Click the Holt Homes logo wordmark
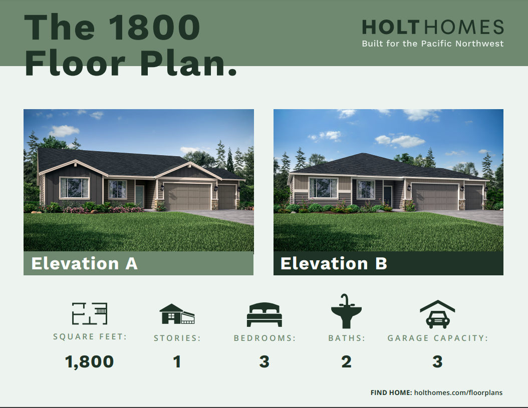click(433, 27)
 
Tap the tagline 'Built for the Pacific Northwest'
click(433, 44)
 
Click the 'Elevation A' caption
click(85, 263)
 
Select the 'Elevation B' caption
click(334, 263)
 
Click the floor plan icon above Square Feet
click(90, 313)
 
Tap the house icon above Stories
click(177, 314)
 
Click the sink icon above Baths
click(346, 311)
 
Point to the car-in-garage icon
click(437, 314)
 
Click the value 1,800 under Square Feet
click(89, 362)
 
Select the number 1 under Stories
click(177, 362)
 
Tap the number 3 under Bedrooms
click(265, 362)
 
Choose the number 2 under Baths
click(347, 362)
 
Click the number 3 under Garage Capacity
click(437, 362)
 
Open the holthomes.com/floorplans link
click(458, 393)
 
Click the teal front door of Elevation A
click(140, 197)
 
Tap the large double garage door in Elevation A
click(187, 197)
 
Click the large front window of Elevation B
click(323, 188)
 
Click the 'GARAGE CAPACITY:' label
click(437, 338)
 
